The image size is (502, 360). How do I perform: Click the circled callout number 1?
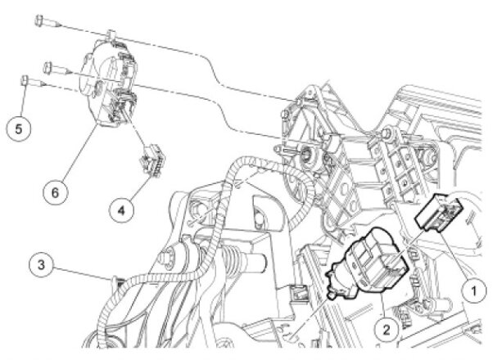pos(474,290)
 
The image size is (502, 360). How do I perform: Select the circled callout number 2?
pos(387,329)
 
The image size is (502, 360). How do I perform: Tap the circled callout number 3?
pos(41,265)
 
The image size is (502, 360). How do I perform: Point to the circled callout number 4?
pos(121,211)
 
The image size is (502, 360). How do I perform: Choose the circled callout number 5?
pos(19,129)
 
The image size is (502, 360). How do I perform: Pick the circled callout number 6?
pos(56,192)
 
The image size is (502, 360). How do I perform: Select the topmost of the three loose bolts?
pos(47,21)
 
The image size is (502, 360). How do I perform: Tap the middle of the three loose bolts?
pos(57,68)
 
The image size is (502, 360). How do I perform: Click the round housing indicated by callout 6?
pos(108,83)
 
